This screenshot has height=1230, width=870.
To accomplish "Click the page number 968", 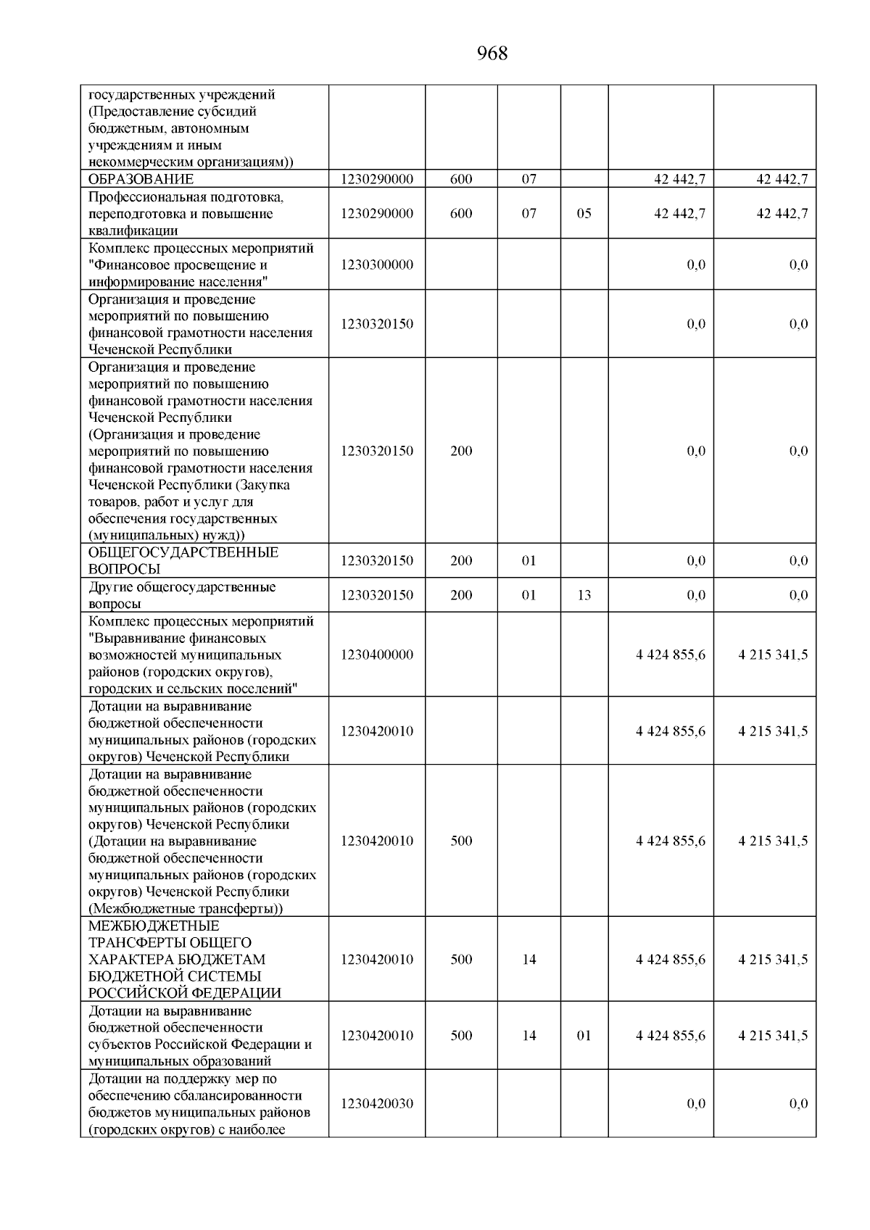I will (x=492, y=54).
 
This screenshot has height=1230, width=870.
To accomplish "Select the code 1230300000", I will (x=377, y=265).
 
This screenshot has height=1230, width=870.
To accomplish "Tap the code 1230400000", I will (x=377, y=655).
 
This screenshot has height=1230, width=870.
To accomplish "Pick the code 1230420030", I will (x=377, y=1103).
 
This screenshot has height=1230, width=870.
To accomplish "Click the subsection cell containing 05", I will (x=584, y=214).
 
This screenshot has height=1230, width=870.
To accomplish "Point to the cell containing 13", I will (x=584, y=595).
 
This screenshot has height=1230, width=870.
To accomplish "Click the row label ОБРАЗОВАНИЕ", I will (x=141, y=179).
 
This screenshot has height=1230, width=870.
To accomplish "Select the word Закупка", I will (x=265, y=485).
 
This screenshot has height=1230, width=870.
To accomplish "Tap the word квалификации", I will (x=133, y=230).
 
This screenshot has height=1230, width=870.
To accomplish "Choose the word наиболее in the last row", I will (x=252, y=1129).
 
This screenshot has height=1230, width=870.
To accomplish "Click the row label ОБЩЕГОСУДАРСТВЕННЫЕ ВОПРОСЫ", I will (x=183, y=560).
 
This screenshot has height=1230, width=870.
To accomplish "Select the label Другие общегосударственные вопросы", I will (x=181, y=595).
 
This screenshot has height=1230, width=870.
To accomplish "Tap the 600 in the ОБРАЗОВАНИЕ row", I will (x=461, y=179).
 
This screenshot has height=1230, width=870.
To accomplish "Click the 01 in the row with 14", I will (x=584, y=1036).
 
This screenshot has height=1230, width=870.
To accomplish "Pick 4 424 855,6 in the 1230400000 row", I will (x=671, y=655).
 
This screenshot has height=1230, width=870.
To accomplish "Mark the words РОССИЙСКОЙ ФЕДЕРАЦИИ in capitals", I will (x=185, y=993).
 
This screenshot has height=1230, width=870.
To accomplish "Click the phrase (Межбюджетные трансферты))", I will (x=186, y=909).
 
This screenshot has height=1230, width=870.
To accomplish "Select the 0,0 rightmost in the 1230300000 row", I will (x=798, y=265).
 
